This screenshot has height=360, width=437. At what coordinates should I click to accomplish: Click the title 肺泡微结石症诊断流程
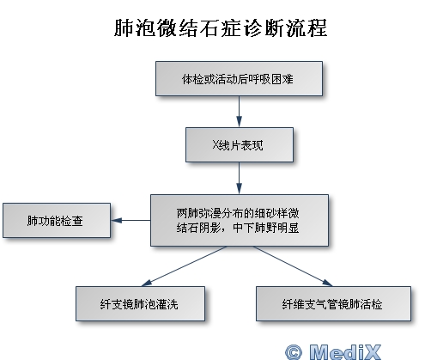click(x=221, y=27)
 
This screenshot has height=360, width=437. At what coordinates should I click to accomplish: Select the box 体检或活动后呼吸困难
click(x=239, y=78)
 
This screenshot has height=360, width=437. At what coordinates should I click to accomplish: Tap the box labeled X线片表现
click(x=240, y=144)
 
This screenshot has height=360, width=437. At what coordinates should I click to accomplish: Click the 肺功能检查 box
click(x=57, y=221)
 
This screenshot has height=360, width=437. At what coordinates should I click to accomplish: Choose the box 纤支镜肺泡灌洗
click(x=140, y=303)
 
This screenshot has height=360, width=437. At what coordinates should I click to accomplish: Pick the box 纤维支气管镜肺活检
click(x=333, y=303)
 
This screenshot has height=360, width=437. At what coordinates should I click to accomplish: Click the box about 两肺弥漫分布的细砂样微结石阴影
click(x=240, y=220)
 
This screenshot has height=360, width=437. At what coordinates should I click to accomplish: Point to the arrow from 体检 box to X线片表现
click(x=240, y=112)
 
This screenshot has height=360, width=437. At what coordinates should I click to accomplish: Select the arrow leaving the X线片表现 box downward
click(x=240, y=178)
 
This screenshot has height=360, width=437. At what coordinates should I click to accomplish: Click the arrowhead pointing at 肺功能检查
click(x=117, y=220)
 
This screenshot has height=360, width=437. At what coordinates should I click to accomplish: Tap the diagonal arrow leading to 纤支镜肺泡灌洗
click(x=185, y=266)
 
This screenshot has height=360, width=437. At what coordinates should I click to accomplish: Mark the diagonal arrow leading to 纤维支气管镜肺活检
click(x=293, y=266)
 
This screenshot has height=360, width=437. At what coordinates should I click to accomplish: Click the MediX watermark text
click(x=345, y=351)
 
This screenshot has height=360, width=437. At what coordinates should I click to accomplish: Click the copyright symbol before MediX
click(x=294, y=352)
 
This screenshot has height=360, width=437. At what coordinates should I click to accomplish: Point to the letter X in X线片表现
click(x=215, y=145)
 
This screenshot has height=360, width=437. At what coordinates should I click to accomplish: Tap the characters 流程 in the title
click(x=307, y=27)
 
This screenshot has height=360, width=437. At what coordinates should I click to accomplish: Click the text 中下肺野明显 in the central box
click(x=266, y=228)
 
